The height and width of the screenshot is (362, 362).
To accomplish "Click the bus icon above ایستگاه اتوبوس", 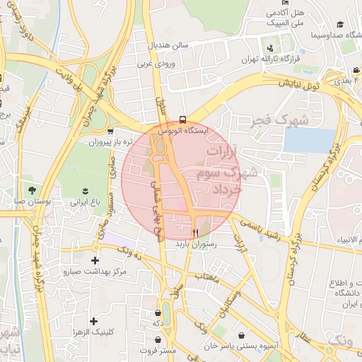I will tap(183, 119).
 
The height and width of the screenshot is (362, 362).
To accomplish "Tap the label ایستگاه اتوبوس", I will tap(183, 131).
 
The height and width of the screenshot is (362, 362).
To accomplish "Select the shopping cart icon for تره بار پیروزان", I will tap(110, 132).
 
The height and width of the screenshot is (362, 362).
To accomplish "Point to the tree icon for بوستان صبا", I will tap(32, 189).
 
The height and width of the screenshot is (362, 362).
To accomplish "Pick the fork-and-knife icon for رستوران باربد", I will tap(195, 232).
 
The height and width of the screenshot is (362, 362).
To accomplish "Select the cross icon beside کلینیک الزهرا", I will tap(93, 321).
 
